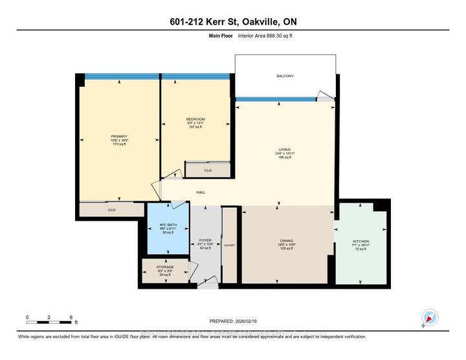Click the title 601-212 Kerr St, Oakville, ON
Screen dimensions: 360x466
(x=232, y=23)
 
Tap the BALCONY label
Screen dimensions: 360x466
(x=285, y=76)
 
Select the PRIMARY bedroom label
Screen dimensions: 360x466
(x=118, y=136)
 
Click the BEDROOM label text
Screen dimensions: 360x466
(x=195, y=119)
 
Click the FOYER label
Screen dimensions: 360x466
(x=205, y=240)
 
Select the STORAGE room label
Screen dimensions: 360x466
(x=165, y=267)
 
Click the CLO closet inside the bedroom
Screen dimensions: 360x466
(x=208, y=170)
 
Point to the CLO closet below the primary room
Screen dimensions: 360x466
(x=111, y=210)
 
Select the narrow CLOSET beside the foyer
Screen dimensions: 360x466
(x=230, y=245)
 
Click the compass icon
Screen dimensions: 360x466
(x=430, y=318)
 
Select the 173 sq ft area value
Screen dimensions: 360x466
(x=118, y=145)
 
